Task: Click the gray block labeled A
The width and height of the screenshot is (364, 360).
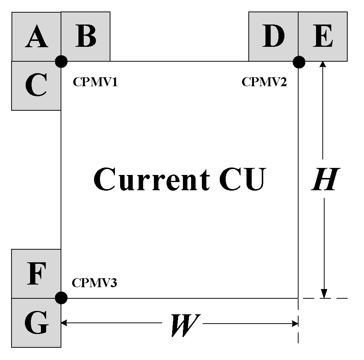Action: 36,37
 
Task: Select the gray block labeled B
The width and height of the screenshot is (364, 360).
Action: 86,36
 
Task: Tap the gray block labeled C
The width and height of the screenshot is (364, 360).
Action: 36,86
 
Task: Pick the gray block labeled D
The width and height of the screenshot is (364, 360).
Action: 273,36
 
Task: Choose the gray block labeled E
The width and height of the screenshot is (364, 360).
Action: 323,36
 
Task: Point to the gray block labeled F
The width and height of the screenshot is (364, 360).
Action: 36,274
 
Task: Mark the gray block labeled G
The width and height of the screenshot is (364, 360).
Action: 36,323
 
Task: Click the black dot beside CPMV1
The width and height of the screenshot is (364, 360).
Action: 61,61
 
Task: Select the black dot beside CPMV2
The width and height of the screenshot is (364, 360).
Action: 299,62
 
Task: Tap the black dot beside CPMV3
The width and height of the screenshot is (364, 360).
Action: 61,298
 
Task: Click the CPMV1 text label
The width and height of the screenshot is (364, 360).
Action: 95,82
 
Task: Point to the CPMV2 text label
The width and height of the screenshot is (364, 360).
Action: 264,82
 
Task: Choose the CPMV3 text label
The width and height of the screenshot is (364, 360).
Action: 94,283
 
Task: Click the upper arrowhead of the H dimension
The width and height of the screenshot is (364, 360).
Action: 323,64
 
